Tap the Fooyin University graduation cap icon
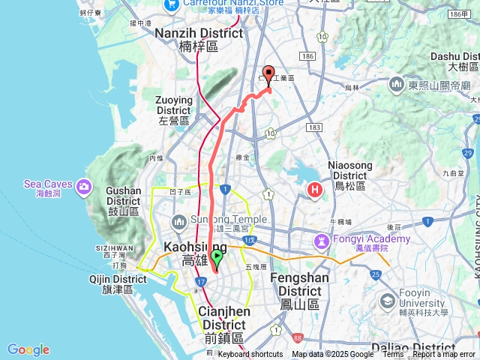pos(388,301)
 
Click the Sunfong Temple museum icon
pos(179,221)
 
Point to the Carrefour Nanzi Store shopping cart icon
pos(172,4)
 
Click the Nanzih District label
pos(199,39)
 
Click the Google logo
pos(28,349)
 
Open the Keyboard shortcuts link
pos(250,355)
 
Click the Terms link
pos(392,355)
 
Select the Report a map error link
pos(444,355)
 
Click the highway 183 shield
pos(314,127)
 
